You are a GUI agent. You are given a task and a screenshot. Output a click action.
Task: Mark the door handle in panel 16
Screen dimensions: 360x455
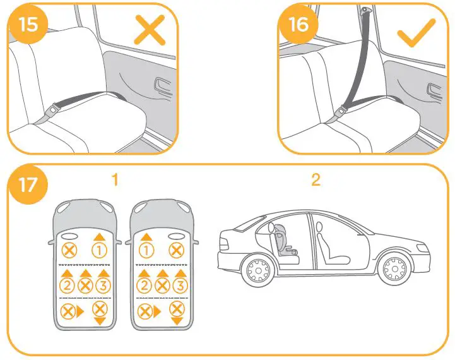pos(435,88)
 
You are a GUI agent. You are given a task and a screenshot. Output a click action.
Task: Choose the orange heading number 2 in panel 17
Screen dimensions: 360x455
pos(316,180)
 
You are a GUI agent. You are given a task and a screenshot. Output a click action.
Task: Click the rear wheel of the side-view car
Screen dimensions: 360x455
pos(258,270)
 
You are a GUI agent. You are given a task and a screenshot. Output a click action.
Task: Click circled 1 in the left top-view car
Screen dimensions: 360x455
pos(99,249)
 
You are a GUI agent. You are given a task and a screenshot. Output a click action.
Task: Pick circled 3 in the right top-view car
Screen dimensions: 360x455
pos(180,284)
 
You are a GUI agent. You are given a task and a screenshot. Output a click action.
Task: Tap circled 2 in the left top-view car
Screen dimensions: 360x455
pos(66,284)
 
